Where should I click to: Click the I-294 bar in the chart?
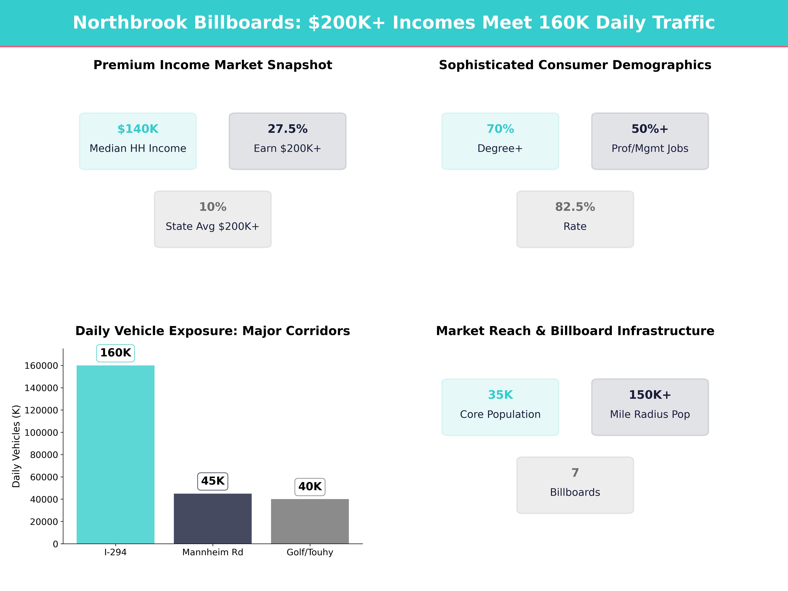tap(115, 454)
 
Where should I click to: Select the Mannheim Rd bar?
tap(213, 518)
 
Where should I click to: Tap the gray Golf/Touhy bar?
tap(310, 521)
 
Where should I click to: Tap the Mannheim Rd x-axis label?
tap(213, 552)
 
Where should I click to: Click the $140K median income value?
tap(138, 129)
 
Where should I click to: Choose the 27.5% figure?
tap(287, 129)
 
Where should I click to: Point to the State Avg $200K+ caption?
tap(213, 227)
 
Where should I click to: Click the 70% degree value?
tap(500, 129)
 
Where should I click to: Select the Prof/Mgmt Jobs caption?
tap(650, 149)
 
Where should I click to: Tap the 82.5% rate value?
tap(575, 207)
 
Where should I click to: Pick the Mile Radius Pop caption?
tap(650, 414)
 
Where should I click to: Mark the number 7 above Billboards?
tap(575, 473)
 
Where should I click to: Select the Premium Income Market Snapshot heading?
tap(213, 65)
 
